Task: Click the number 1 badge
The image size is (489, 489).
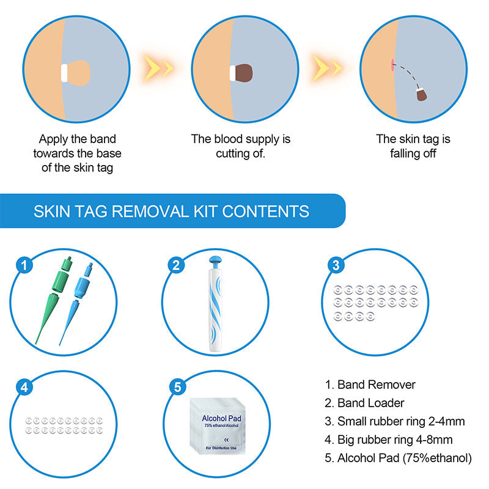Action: pos(24,265)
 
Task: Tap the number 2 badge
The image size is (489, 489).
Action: pos(176,265)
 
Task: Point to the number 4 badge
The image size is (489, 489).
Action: pos(24,387)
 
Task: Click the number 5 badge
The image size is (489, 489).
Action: pos(176,387)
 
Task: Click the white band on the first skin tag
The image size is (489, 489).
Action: pos(63,72)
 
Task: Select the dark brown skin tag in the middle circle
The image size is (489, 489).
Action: pos(246,72)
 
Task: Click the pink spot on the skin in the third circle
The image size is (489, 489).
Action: pos(389,63)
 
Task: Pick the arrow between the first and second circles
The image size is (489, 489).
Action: pos(157,65)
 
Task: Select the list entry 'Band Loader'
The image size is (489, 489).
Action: pos(370,403)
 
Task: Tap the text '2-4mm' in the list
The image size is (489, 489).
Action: pos(444,421)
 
